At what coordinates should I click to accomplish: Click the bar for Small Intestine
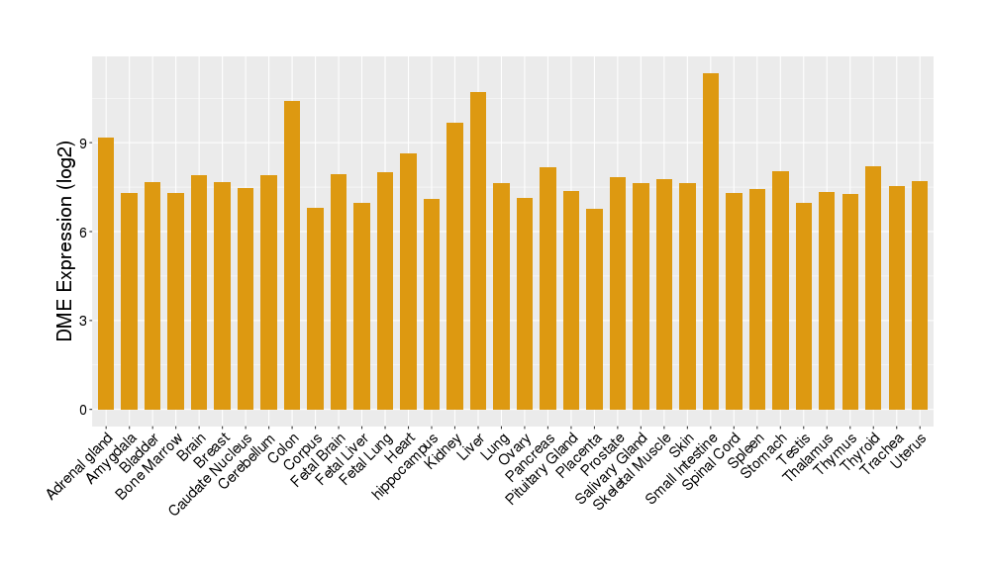711,241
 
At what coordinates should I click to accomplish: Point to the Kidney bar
454,266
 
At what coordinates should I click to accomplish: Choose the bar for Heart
408,281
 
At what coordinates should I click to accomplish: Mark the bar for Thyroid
873,288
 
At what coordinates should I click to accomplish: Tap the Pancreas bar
547,288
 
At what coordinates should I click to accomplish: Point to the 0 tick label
84,410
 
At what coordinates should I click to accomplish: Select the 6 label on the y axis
84,232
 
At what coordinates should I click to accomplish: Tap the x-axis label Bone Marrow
149,464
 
